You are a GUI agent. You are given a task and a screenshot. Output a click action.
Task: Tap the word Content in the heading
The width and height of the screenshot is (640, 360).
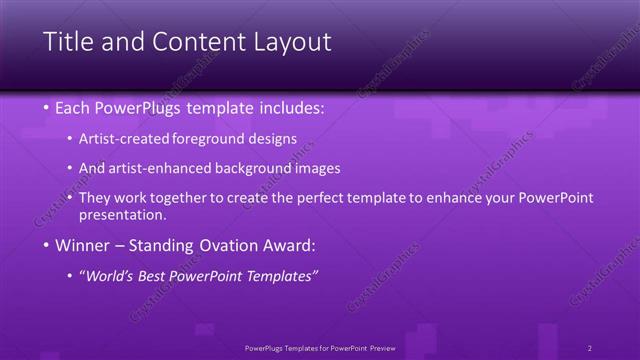[183, 42]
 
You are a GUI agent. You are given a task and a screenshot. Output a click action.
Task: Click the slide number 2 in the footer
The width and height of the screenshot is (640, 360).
[590, 348]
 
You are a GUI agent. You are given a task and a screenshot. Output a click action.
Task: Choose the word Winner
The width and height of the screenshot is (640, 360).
[82, 244]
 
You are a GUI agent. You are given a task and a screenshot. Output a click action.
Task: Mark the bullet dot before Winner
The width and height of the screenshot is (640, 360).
[46, 244]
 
